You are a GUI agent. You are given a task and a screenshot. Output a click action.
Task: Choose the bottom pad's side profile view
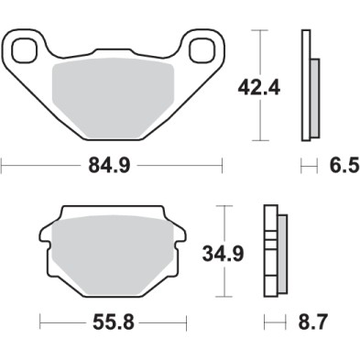[273, 251]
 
